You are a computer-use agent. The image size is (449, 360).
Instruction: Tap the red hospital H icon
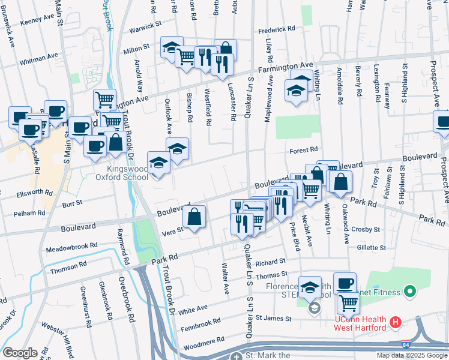(395, 323)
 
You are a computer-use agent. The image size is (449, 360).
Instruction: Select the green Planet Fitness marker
(411, 292)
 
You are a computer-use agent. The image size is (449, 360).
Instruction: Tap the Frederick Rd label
(277, 29)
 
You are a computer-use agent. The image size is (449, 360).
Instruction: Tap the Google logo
(20, 352)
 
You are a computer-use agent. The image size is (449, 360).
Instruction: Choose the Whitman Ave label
(38, 60)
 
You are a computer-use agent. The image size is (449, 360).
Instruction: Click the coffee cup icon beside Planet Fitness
(345, 283)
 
